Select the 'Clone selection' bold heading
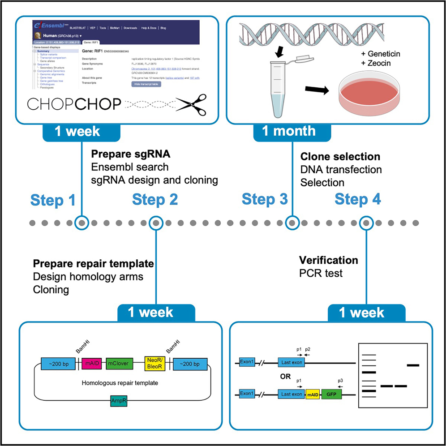(x=340, y=157)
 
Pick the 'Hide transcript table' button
(x=146, y=84)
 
